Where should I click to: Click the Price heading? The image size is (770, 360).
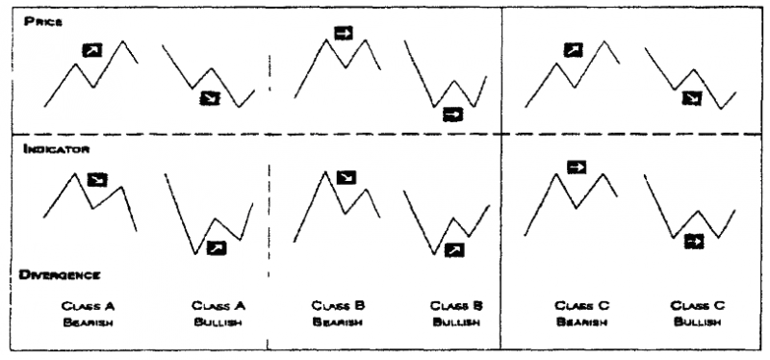pyautogui.click(x=43, y=21)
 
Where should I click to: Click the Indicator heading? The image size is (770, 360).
pyautogui.click(x=56, y=149)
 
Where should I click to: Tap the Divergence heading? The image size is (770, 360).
pyautogui.click(x=60, y=275)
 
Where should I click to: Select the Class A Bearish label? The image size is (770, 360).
pyautogui.click(x=89, y=314)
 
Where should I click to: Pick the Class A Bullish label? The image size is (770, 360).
pyautogui.click(x=218, y=314)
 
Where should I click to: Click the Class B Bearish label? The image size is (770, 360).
pyautogui.click(x=338, y=314)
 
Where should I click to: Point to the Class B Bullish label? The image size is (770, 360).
pyautogui.click(x=456, y=314)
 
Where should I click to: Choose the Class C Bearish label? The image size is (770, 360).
pyautogui.click(x=582, y=314)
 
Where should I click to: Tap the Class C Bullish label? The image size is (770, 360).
pyautogui.click(x=697, y=314)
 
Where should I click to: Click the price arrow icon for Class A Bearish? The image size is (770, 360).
pyautogui.click(x=92, y=50)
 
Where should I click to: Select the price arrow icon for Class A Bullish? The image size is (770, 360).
pyautogui.click(x=210, y=98)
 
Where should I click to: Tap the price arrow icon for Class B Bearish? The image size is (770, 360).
pyautogui.click(x=344, y=33)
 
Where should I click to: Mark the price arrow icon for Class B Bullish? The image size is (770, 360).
pyautogui.click(x=452, y=115)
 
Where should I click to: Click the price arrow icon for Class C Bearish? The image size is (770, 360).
pyautogui.click(x=573, y=50)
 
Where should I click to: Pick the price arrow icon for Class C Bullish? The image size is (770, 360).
pyautogui.click(x=692, y=98)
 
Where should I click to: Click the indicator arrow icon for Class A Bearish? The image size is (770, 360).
pyautogui.click(x=97, y=180)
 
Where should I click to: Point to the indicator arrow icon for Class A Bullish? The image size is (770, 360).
pyautogui.click(x=217, y=248)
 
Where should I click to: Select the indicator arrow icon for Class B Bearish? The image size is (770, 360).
pyautogui.click(x=346, y=178)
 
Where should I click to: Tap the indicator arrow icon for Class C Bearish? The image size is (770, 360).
pyautogui.click(x=577, y=167)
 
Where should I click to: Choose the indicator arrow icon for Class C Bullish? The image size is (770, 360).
pyautogui.click(x=694, y=242)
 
